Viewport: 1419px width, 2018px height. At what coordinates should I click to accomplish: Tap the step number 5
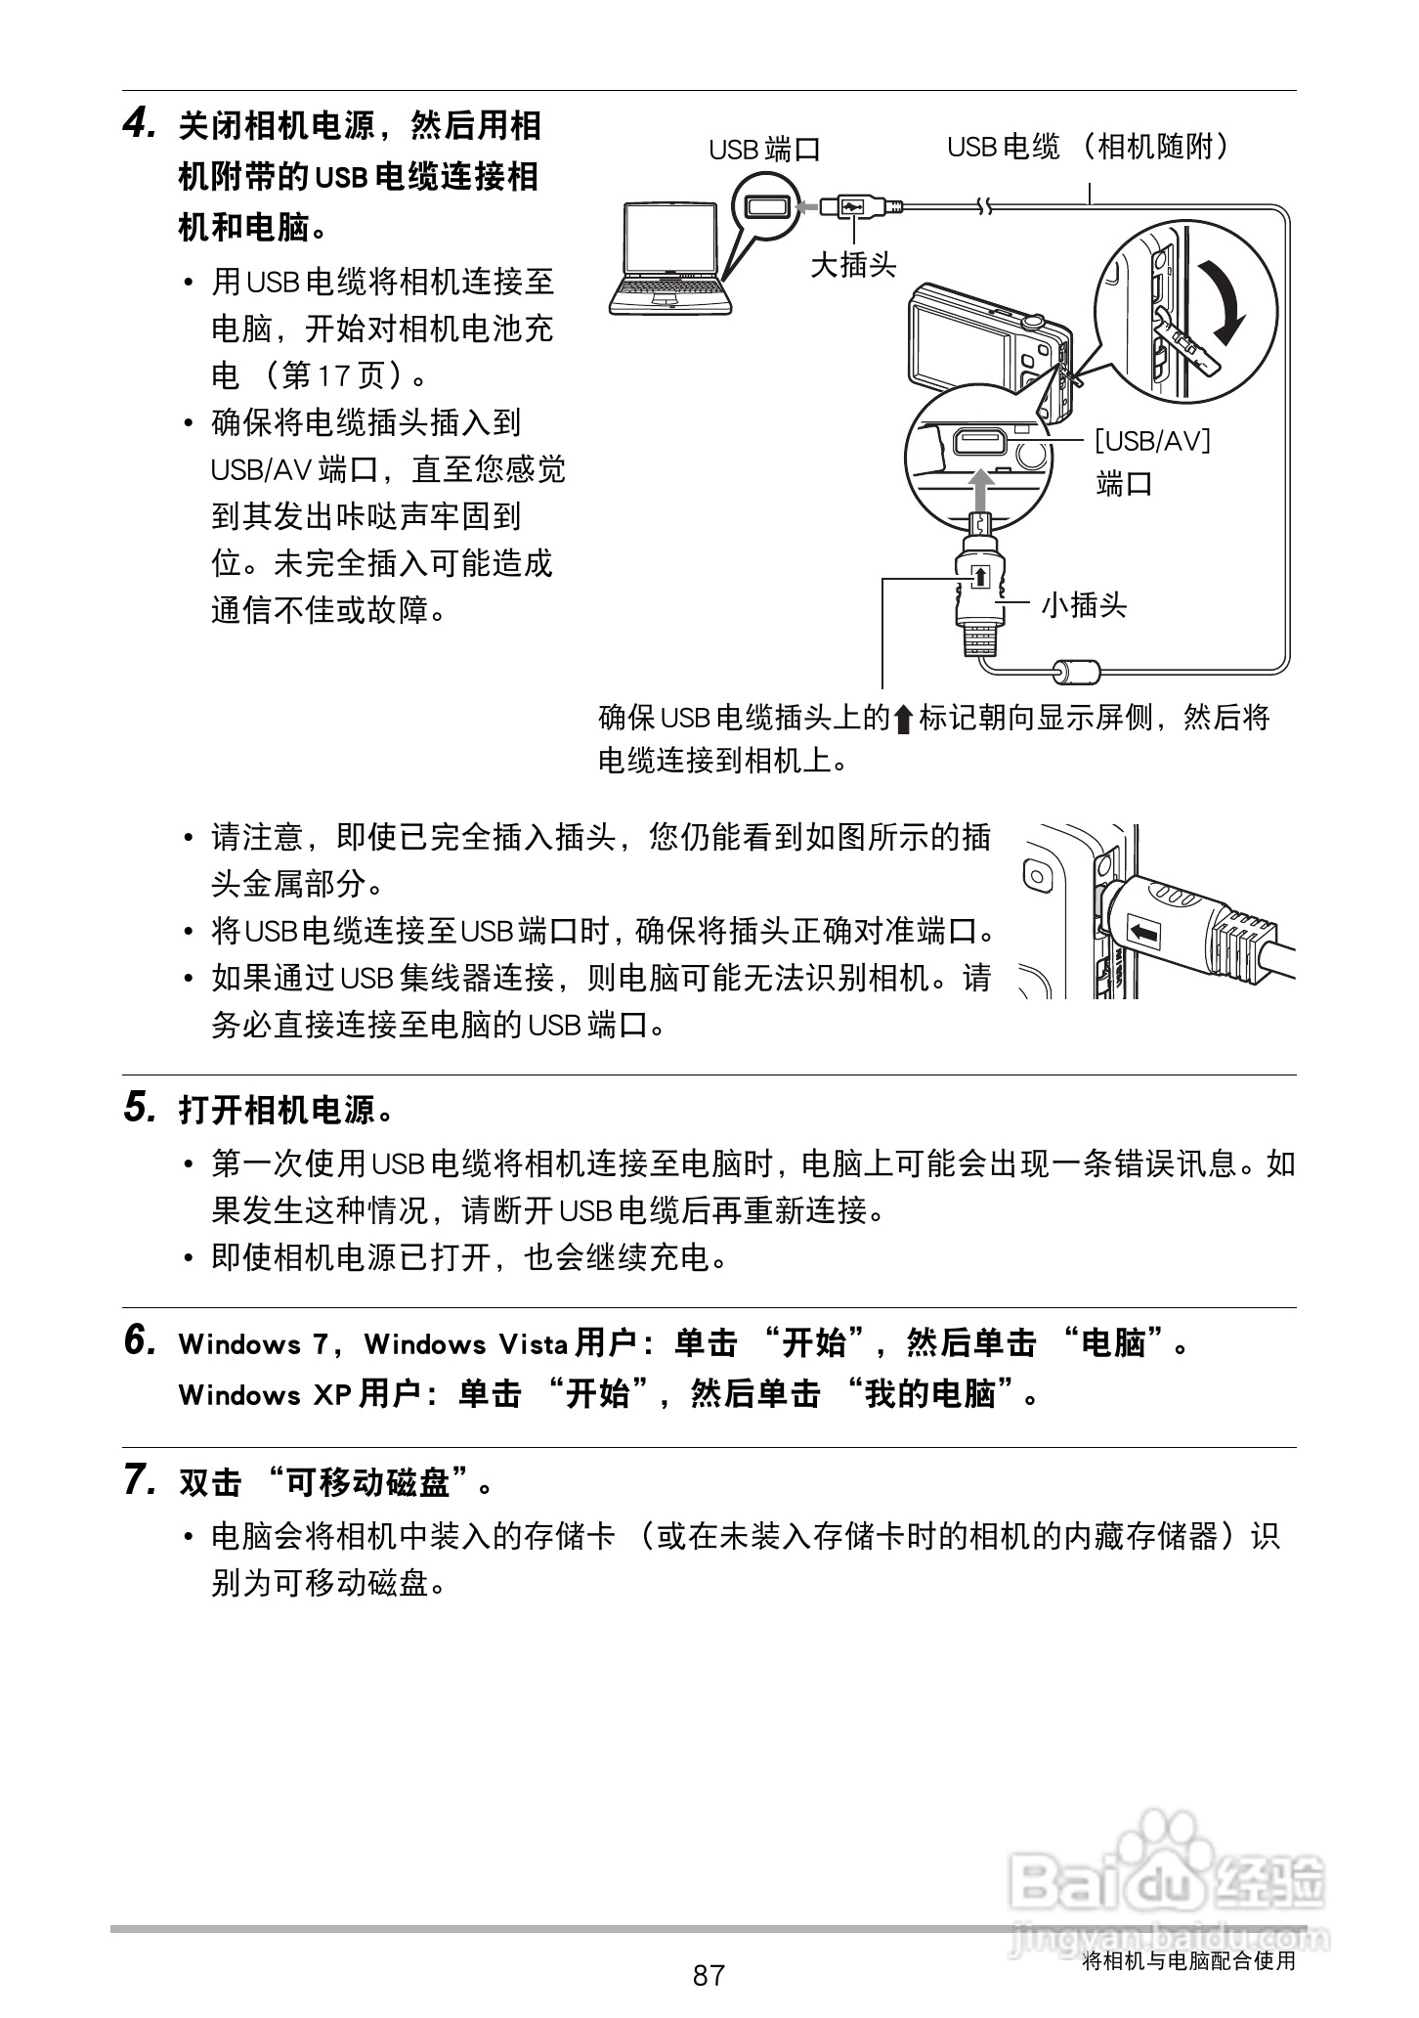(x=139, y=1108)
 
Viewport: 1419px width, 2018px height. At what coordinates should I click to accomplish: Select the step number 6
(x=139, y=1340)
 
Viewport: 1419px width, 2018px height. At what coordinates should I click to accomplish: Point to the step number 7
(x=139, y=1480)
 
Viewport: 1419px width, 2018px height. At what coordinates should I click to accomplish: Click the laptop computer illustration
(x=669, y=259)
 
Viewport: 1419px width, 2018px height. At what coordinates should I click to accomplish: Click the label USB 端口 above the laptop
(x=764, y=150)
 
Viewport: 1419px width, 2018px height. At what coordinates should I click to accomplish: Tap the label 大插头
(x=852, y=264)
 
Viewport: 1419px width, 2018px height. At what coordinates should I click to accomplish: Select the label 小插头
(x=1083, y=605)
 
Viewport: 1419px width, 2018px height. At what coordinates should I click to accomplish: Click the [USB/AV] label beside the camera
(x=1152, y=441)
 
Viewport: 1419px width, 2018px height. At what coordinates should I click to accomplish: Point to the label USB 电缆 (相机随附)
(x=1087, y=148)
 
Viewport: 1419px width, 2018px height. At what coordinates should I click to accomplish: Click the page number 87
(x=709, y=1975)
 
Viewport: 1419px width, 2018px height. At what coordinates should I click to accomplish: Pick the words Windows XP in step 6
(x=264, y=1394)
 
